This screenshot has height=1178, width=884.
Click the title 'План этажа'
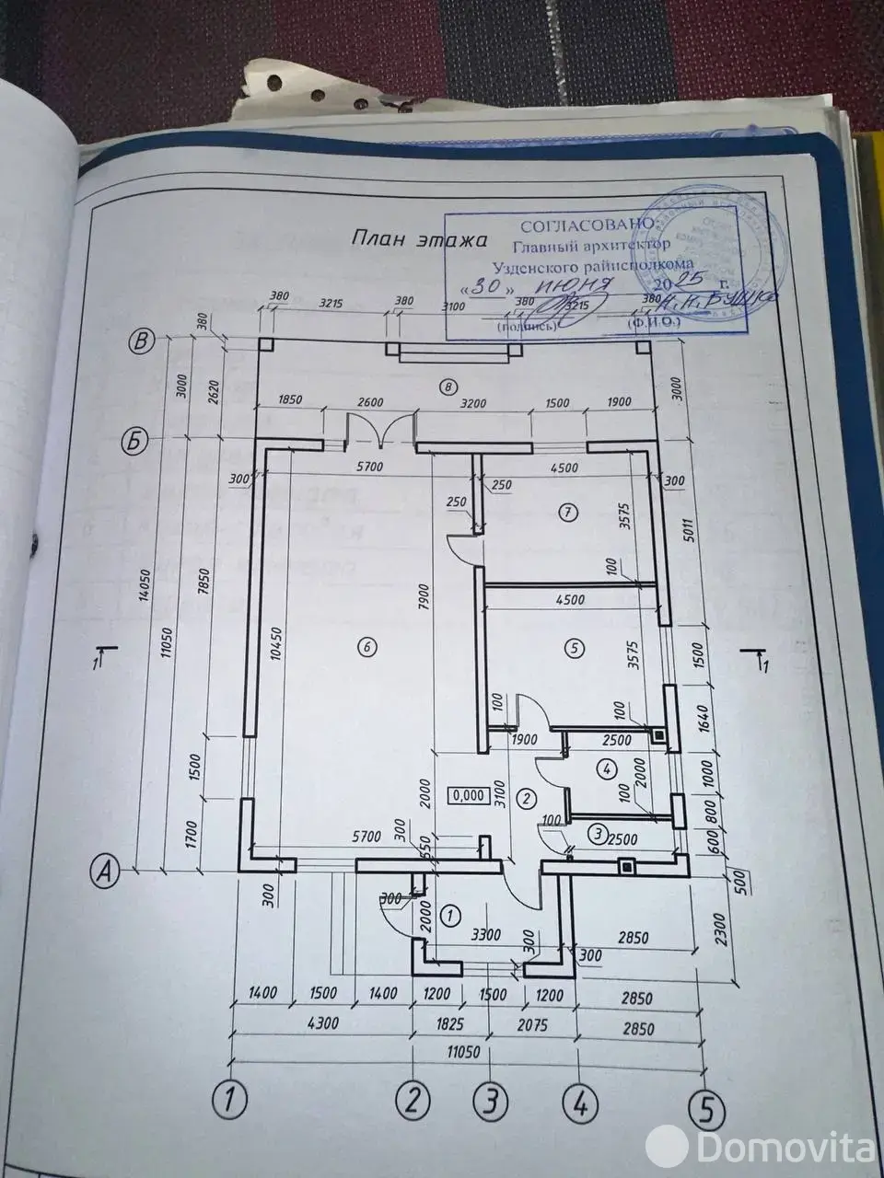pyautogui.click(x=419, y=239)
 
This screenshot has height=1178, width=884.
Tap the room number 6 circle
pyautogui.click(x=366, y=648)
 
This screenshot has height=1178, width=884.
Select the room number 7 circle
pyautogui.click(x=567, y=510)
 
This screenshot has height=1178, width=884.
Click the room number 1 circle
pyautogui.click(x=450, y=916)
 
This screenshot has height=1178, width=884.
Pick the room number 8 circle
pyautogui.click(x=448, y=387)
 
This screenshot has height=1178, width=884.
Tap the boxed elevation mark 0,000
pyautogui.click(x=467, y=796)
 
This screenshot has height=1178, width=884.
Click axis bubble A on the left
pyautogui.click(x=105, y=867)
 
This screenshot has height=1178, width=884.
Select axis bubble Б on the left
pyautogui.click(x=135, y=442)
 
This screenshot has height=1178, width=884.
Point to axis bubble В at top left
pyautogui.click(x=141, y=341)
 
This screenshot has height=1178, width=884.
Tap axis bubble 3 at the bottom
pyautogui.click(x=492, y=1099)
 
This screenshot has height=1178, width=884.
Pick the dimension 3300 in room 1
pyautogui.click(x=485, y=935)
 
